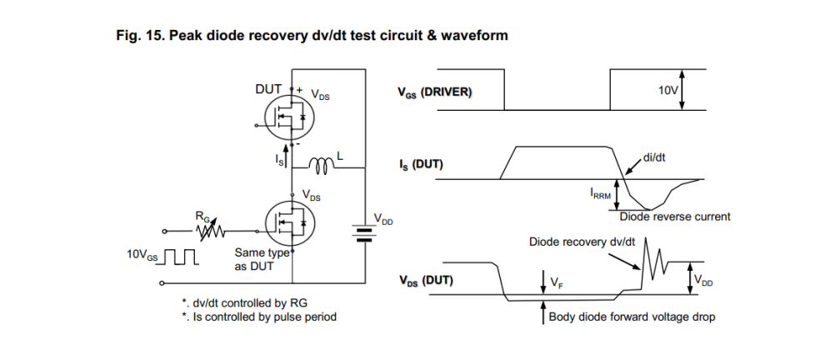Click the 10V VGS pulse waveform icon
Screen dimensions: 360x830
click(179, 255)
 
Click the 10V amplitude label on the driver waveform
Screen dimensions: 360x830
click(668, 89)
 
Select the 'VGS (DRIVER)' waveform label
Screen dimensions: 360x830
click(434, 92)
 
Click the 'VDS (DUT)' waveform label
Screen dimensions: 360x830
click(425, 280)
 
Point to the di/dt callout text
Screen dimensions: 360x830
click(655, 157)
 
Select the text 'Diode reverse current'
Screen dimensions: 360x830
click(675, 217)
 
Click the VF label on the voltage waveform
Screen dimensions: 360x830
click(556, 283)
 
